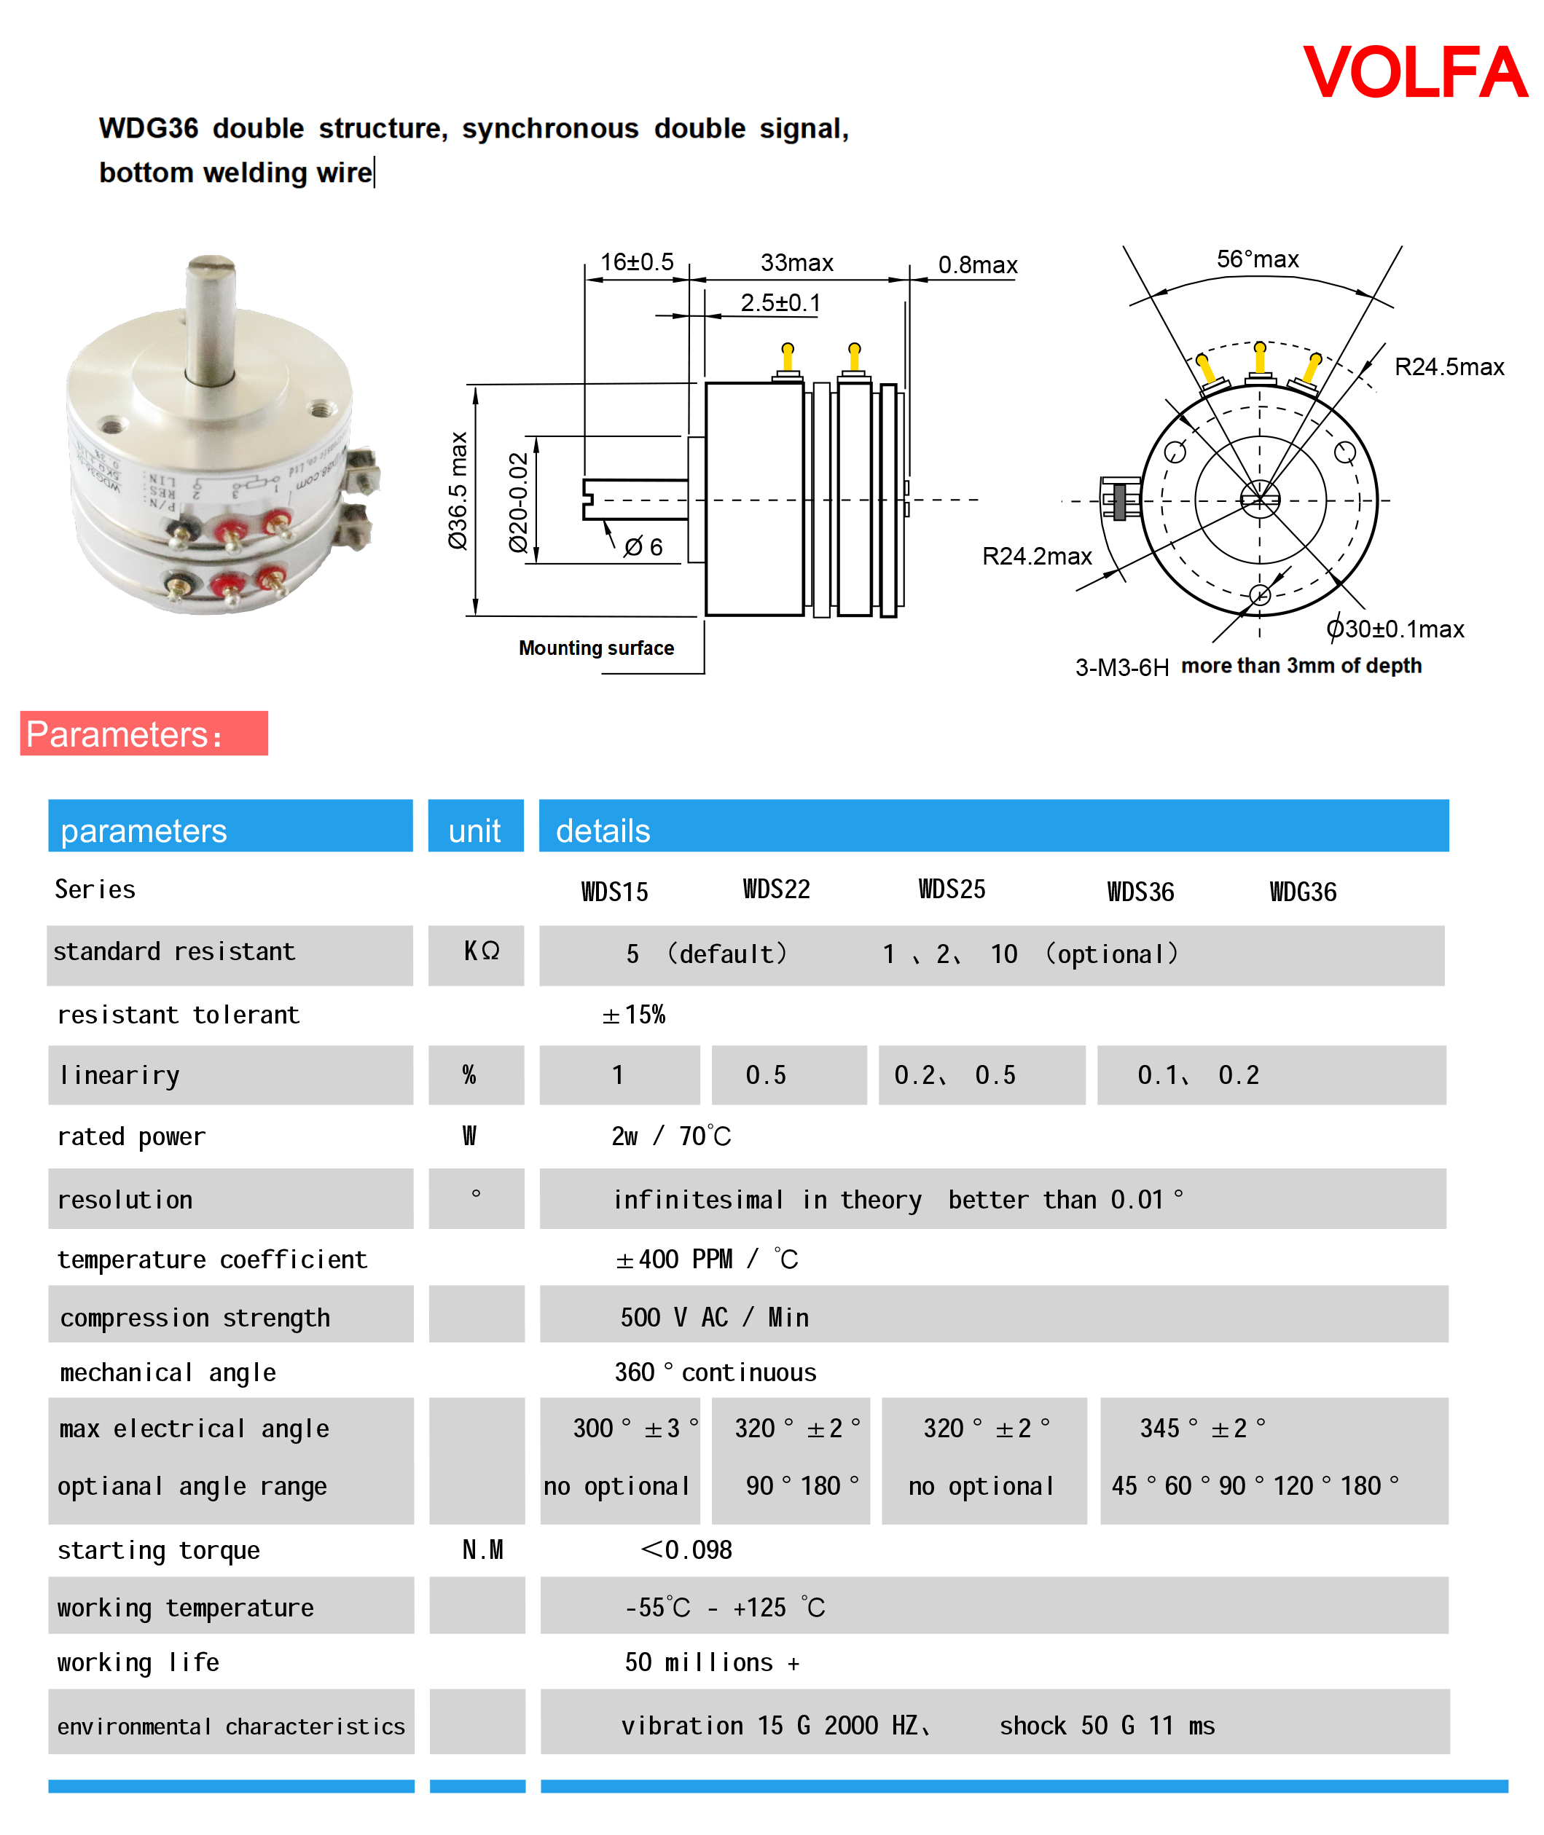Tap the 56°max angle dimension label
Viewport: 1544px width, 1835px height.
(x=1257, y=259)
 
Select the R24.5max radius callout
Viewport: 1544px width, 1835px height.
(x=1449, y=366)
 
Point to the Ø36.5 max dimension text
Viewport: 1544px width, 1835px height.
(x=458, y=490)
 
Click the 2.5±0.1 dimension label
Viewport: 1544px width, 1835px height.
(x=780, y=303)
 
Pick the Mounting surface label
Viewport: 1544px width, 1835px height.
(x=596, y=648)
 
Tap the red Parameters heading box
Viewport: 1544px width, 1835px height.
(x=144, y=734)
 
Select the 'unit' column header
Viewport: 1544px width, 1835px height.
(x=474, y=830)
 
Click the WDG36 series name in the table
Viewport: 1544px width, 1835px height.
(x=1302, y=892)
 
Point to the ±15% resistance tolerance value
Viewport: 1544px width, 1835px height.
(x=634, y=1014)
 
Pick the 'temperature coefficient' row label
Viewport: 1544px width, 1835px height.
(x=212, y=1260)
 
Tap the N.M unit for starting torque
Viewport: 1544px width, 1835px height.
(x=482, y=1549)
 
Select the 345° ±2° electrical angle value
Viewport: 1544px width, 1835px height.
(x=1202, y=1428)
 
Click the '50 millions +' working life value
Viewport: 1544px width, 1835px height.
(x=712, y=1662)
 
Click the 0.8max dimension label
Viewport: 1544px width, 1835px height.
(x=977, y=264)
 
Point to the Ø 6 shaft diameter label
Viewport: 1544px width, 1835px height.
(x=643, y=547)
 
